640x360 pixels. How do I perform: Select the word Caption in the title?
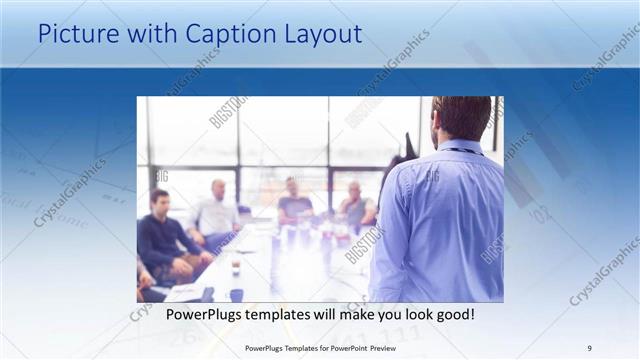coord(222,34)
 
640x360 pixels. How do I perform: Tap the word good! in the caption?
coord(453,315)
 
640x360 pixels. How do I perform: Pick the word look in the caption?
coord(409,315)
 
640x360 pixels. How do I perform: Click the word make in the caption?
coord(347,315)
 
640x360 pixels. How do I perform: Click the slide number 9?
coord(589,347)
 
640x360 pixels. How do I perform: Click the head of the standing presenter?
coord(462,117)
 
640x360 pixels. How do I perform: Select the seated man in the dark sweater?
coord(162,240)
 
